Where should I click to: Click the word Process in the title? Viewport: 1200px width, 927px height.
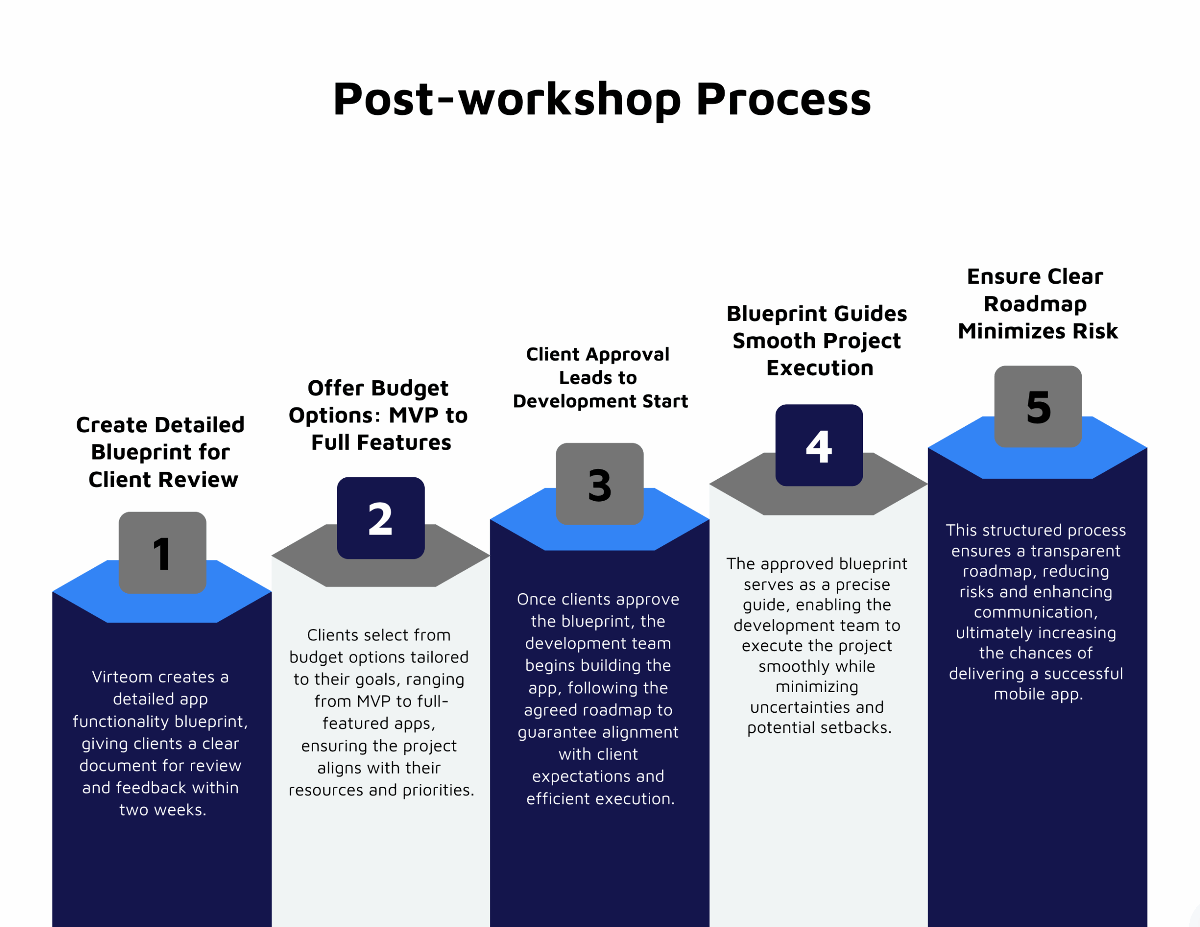coord(784,99)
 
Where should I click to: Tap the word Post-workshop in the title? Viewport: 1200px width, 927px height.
coord(507,99)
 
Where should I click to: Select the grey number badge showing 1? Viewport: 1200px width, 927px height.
coord(163,553)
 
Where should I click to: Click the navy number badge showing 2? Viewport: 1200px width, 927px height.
coord(381,518)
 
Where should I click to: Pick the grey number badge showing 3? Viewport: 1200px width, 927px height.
coord(600,484)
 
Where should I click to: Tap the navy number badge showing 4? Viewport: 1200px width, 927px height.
coord(819,445)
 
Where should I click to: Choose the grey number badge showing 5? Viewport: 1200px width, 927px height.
coord(1038,407)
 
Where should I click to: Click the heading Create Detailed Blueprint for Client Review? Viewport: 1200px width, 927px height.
coord(160,452)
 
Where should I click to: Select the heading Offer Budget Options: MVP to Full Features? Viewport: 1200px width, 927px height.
coord(379,415)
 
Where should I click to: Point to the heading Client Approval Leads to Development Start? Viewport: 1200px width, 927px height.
coord(600,377)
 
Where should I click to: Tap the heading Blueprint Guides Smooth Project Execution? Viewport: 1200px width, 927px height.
coord(817,341)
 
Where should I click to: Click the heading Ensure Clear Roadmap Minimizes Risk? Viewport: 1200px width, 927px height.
coord(1037,304)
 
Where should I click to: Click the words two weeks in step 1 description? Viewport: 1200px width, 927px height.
coord(163,810)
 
